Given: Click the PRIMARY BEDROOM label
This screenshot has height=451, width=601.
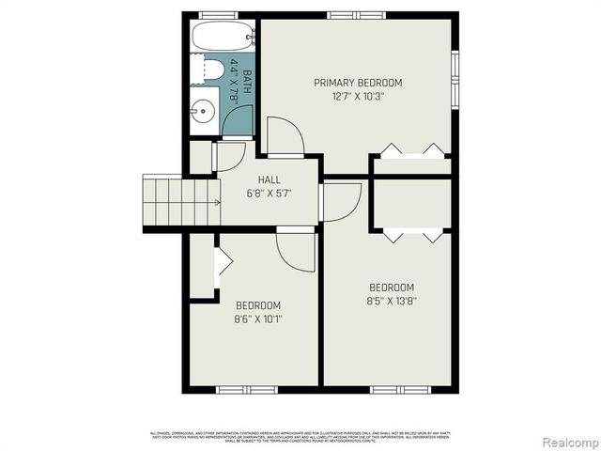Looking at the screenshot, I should [x=358, y=83].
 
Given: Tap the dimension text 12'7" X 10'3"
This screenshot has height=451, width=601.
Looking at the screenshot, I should [x=358, y=96].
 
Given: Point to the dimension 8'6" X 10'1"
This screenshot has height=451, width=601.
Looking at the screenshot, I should [x=258, y=319].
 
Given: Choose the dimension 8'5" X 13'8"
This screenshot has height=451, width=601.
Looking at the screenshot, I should [x=392, y=301].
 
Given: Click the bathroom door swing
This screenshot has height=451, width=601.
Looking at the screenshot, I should [x=239, y=121].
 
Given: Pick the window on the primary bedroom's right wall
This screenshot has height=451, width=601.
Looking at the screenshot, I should [x=455, y=75].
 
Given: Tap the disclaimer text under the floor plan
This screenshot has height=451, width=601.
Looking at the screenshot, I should [x=300, y=435].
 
